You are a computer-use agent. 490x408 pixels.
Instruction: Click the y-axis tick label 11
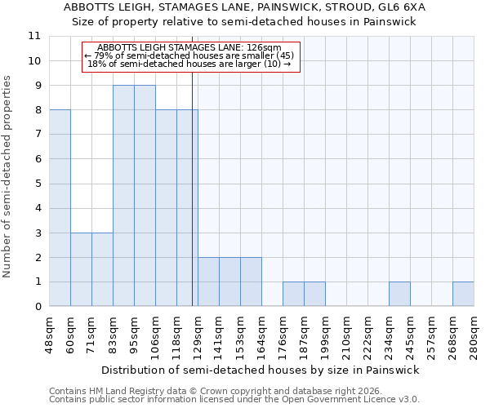tap(34, 36)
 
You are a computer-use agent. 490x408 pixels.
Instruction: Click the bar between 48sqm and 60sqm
tap(60, 208)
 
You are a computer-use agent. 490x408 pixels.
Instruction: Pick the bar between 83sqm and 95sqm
tap(123, 196)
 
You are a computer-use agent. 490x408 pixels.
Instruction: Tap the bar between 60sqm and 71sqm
tap(81, 269)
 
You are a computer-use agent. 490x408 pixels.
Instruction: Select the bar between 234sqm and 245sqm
tap(399, 295)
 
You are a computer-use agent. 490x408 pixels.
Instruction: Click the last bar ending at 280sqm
tap(463, 295)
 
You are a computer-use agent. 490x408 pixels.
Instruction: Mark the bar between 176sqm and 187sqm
tap(293, 295)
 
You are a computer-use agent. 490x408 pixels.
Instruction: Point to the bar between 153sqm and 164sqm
tap(251, 282)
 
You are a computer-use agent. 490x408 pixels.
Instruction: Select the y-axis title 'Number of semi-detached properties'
tap(8, 175)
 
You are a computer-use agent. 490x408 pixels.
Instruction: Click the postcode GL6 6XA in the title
tap(403, 7)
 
